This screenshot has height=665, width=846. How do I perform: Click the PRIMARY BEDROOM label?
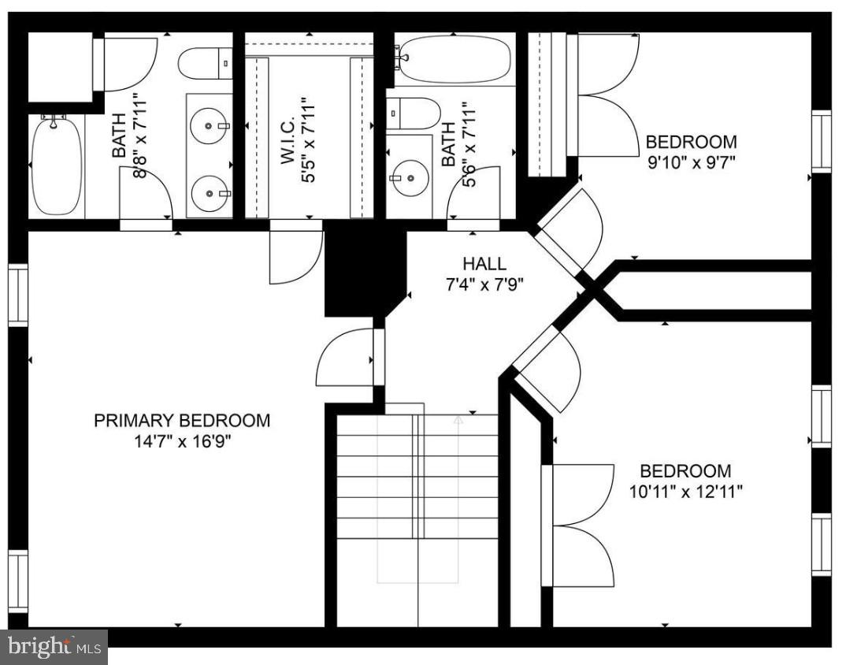pos(181,421)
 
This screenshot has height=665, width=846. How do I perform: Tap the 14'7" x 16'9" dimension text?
pos(181,441)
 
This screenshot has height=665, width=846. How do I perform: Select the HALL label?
pos(484,264)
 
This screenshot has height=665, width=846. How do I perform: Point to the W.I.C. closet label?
pos(287,142)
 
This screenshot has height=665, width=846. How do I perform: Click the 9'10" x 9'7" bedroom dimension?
pos(691,163)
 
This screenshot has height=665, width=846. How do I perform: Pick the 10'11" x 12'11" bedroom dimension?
pos(685,492)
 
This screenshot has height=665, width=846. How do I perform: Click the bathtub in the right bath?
pos(452,59)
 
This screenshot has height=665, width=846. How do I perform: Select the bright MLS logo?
pos(54,648)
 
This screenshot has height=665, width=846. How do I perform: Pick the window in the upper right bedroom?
pos(821,141)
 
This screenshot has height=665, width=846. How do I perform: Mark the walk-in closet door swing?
pos(295,256)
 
